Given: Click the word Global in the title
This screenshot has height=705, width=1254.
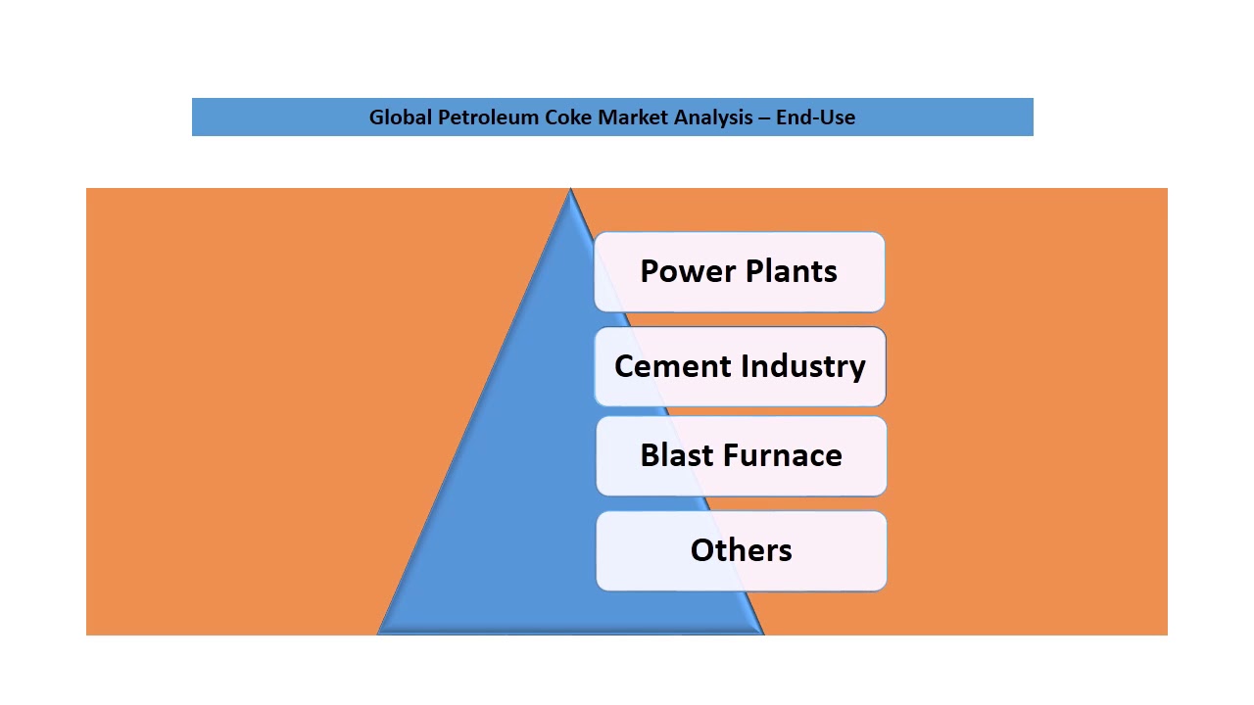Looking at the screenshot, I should tap(401, 117).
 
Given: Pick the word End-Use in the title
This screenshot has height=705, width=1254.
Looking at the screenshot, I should tap(815, 117).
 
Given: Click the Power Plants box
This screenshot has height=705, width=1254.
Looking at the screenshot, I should tap(740, 271).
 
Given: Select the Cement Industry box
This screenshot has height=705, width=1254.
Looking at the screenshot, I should tap(740, 366).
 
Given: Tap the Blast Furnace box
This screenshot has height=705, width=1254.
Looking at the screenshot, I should tap(741, 455).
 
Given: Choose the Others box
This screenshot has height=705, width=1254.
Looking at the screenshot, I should tap(741, 550).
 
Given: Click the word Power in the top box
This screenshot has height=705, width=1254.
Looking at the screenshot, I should tap(686, 271).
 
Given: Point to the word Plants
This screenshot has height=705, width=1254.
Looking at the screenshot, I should tap(790, 271).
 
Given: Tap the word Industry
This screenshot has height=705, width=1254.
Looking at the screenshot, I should tap(803, 366).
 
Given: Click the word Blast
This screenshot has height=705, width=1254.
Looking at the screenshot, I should tap(676, 455).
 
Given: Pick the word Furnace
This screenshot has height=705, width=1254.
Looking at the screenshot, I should tap(784, 455).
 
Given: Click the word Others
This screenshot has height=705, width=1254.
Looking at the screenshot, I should tap(741, 550).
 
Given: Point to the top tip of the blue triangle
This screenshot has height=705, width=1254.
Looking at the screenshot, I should tap(570, 191).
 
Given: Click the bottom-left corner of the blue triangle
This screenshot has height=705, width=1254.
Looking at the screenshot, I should tap(380, 633).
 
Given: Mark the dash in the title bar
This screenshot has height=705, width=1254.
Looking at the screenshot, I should tap(762, 117).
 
